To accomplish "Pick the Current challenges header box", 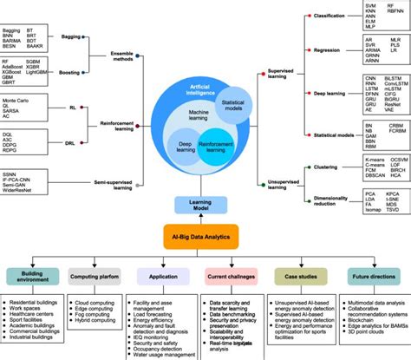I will [x=232, y=278].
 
